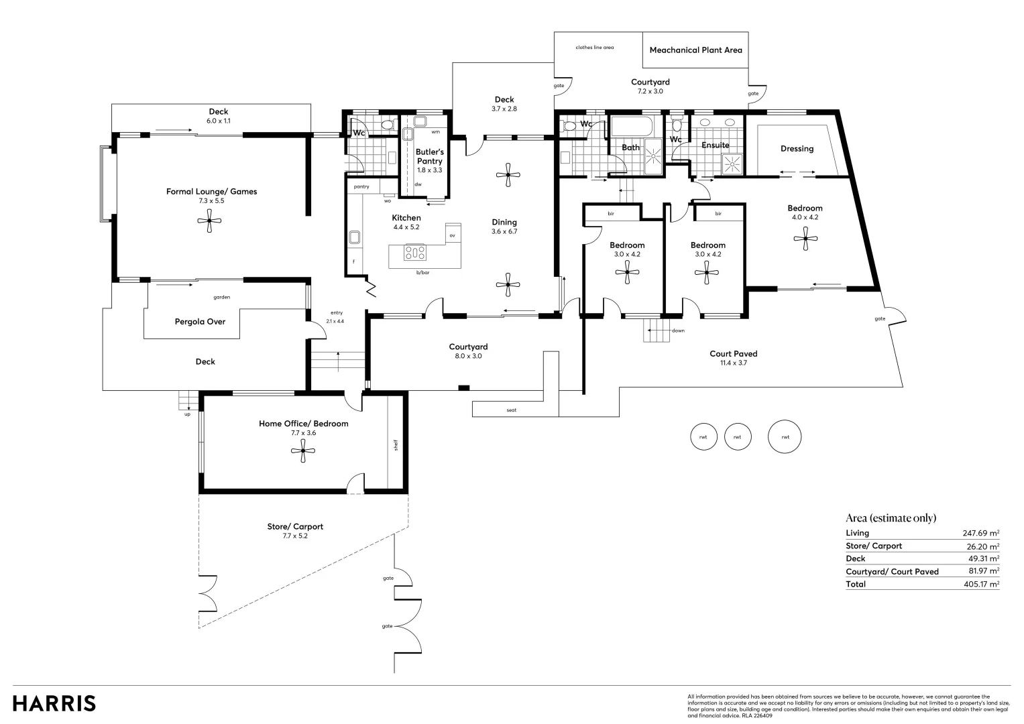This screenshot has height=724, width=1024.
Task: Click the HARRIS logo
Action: pyautogui.click(x=54, y=703)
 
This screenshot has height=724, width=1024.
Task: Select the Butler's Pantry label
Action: pyautogui.click(x=429, y=156)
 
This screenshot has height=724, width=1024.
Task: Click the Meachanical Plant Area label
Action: pyautogui.click(x=695, y=50)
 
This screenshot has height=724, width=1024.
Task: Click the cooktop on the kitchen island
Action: pyautogui.click(x=415, y=253)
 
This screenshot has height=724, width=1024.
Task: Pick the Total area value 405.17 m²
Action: pyautogui.click(x=980, y=584)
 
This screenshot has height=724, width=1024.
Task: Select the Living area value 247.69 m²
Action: pyautogui.click(x=980, y=533)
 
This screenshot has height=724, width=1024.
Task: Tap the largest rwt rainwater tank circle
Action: pyautogui.click(x=785, y=437)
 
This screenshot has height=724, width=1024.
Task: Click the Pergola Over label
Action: pyautogui.click(x=200, y=322)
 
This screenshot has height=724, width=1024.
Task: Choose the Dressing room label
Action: pyautogui.click(x=797, y=149)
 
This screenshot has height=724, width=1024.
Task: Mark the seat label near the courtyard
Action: pyautogui.click(x=512, y=410)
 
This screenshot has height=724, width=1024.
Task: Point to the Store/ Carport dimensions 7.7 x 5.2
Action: pyautogui.click(x=295, y=536)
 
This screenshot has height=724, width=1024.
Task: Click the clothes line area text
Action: pyautogui.click(x=594, y=48)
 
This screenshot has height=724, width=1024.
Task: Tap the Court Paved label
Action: pyautogui.click(x=733, y=354)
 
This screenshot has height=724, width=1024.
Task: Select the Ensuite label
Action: pyautogui.click(x=715, y=145)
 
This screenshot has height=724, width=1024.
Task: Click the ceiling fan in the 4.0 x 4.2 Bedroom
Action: pyautogui.click(x=805, y=237)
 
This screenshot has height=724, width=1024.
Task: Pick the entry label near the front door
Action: pyautogui.click(x=336, y=312)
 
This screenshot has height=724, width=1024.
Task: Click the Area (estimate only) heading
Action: pyautogui.click(x=891, y=518)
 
